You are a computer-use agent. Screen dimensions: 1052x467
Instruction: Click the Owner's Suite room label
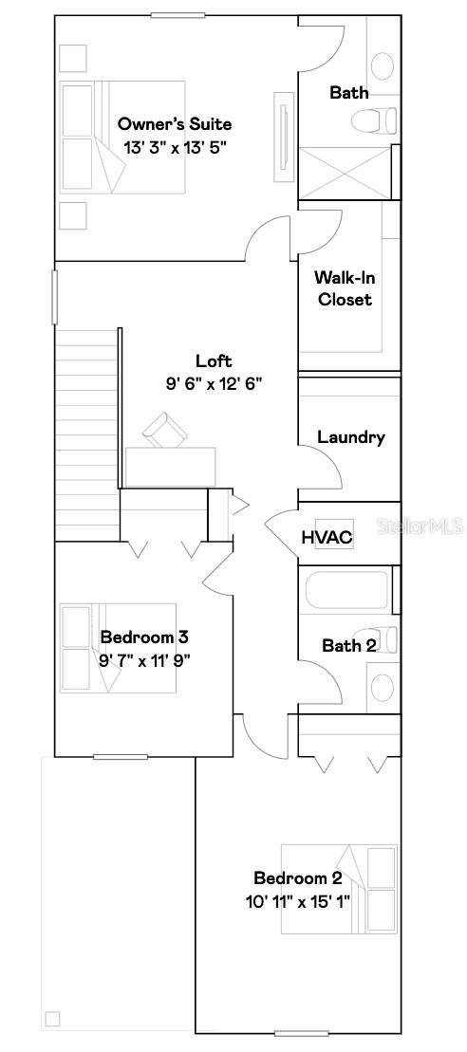174,124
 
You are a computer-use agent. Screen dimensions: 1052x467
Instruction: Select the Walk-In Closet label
344,288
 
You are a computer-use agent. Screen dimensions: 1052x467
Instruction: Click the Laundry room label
350,437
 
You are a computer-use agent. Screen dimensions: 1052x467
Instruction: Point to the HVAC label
327,538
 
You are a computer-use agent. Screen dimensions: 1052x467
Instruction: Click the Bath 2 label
348,646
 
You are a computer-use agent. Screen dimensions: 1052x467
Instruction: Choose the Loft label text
214,360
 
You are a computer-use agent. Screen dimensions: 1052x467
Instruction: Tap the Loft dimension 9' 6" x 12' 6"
214,383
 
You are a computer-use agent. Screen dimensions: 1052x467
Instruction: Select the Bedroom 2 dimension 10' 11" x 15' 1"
297,900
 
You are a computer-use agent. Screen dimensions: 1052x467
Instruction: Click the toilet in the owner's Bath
372,121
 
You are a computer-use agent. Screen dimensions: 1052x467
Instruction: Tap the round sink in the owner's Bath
382,65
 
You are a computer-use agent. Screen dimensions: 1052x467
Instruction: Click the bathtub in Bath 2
346,589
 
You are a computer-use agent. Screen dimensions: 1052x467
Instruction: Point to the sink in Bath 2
382,687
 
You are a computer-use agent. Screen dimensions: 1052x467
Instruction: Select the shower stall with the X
344,173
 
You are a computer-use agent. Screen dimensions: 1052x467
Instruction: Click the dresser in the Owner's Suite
283,136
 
